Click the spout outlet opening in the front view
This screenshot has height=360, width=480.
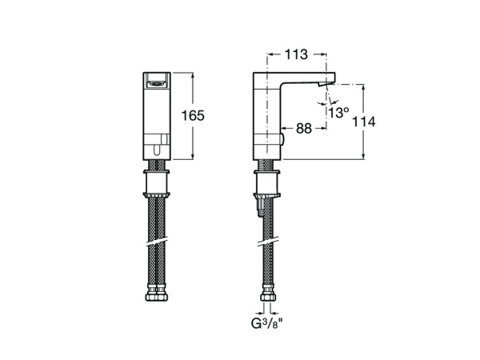157,79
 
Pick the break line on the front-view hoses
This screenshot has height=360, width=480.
157,241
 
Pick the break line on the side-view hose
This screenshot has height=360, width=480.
266,241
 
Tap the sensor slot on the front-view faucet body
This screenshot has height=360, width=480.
157,148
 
